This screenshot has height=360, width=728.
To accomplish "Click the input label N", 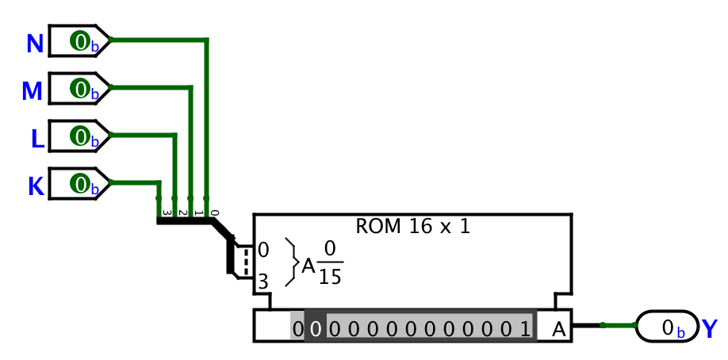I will point(34,44).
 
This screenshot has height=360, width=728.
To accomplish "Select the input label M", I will point(32,91).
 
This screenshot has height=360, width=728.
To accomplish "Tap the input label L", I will point(37,139).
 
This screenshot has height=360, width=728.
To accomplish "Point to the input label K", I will point(36,186).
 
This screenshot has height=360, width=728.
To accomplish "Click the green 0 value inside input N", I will point(79,40).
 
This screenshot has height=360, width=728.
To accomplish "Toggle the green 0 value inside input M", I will point(79,88).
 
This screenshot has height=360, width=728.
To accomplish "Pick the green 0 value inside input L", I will point(79,136).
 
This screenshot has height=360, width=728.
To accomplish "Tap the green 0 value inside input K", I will point(79,183).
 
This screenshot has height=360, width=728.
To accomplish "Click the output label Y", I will point(710,328).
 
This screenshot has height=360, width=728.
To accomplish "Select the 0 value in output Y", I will point(668,327).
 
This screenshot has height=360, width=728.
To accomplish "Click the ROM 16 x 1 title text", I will point(412,226).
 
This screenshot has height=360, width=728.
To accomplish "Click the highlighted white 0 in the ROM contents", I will point(315,328).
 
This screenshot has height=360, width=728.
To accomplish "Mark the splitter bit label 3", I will point(165,212).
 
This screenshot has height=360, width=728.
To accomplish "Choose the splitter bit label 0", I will point(213,212).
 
